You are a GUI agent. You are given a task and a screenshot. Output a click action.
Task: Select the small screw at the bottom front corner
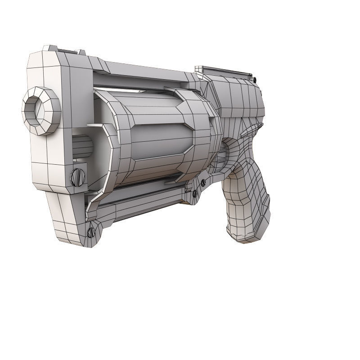[x=91, y=232]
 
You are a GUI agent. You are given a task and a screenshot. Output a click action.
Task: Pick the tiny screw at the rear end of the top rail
[x=255, y=80]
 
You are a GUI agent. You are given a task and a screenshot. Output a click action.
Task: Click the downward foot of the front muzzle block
[x=67, y=220]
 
